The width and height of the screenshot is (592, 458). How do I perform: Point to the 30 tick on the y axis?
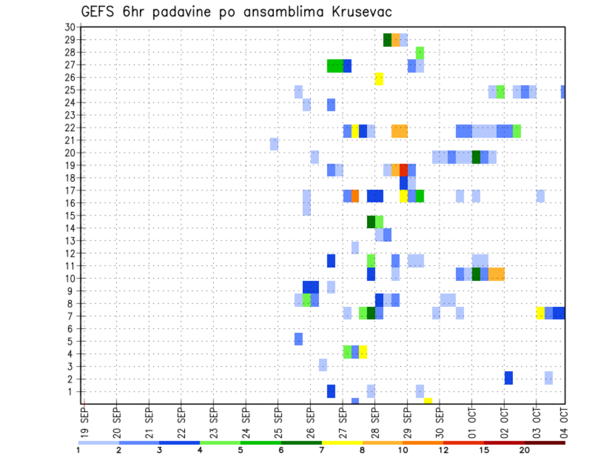pyautogui.click(x=70, y=27)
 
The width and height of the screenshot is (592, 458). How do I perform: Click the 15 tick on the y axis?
pyautogui.click(x=70, y=215)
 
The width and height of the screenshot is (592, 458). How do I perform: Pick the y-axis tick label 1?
pyautogui.click(x=72, y=391)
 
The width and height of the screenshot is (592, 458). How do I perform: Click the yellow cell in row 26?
pyautogui.click(x=379, y=78)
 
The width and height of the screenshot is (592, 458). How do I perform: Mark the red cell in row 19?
pyautogui.click(x=403, y=170)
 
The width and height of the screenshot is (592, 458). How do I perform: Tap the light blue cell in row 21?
pyautogui.click(x=274, y=144)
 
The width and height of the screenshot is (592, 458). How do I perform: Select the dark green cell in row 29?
pyautogui.click(x=387, y=40)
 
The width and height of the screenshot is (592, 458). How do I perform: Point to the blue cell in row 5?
pyautogui.click(x=298, y=339)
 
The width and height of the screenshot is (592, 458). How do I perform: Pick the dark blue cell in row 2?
pyautogui.click(x=509, y=378)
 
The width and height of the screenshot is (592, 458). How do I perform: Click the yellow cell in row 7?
pyautogui.click(x=540, y=313)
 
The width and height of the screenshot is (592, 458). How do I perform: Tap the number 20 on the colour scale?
pyautogui.click(x=524, y=450)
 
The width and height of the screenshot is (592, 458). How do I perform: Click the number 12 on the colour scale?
pyautogui.click(x=443, y=450)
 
